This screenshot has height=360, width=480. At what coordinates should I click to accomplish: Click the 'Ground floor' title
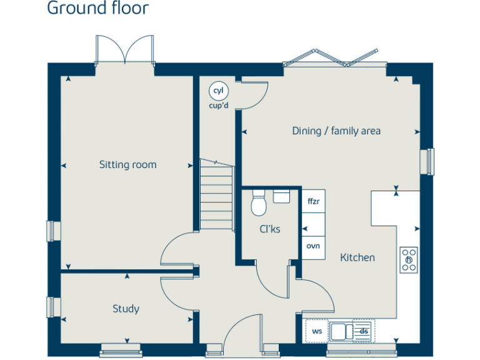tap(98, 9)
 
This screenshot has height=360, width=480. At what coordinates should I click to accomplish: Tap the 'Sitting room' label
tap(127, 165)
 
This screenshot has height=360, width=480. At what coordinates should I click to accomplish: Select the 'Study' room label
tap(126, 309)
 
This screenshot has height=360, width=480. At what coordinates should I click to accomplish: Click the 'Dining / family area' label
tap(336, 131)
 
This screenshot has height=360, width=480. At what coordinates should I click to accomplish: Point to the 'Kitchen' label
tap(357, 257)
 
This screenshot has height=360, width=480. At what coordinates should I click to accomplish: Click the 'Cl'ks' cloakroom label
tap(270, 229)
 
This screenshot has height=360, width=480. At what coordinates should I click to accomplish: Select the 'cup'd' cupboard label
tap(218, 105)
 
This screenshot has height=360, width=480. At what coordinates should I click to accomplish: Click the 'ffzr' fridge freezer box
tap(314, 201)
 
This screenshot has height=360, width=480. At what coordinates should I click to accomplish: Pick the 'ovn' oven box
tap(314, 246)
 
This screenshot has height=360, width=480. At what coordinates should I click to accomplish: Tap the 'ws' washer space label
tap(317, 331)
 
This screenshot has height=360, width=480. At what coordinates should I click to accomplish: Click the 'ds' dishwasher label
tap(363, 331)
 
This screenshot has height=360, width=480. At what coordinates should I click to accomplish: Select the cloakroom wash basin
tap(281, 196)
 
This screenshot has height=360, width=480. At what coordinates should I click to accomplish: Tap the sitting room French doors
tap(124, 50)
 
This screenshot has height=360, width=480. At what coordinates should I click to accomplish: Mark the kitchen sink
tap(342, 331)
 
